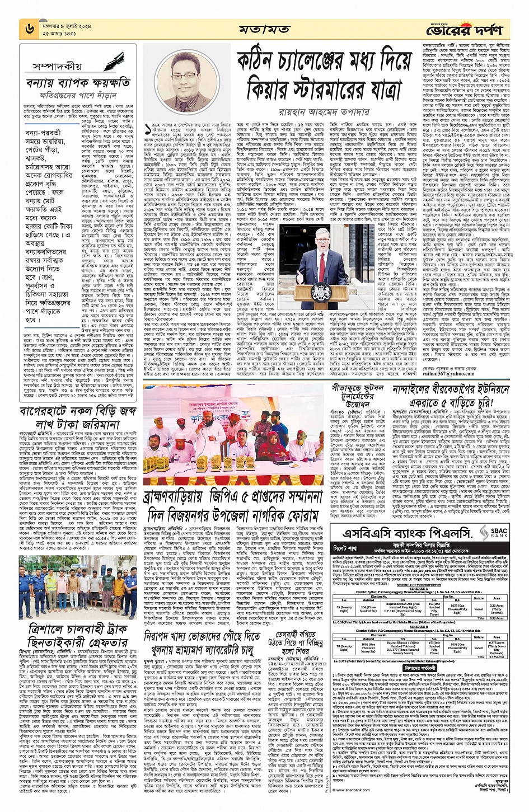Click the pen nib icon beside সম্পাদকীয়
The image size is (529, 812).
117,60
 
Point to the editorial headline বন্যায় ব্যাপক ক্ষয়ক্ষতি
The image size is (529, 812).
78,83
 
